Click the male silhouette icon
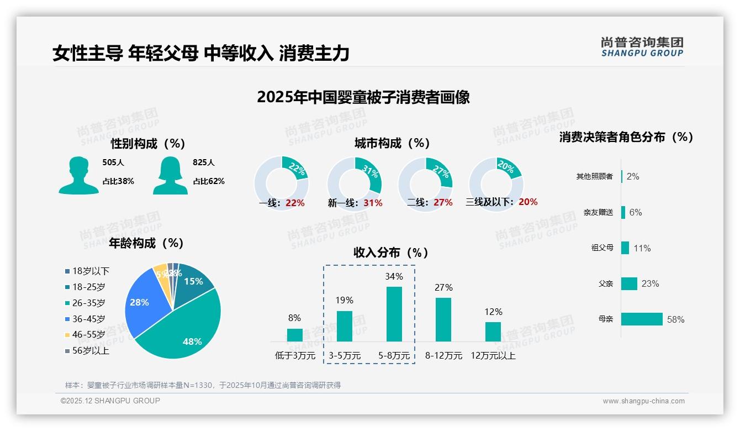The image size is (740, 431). pyautogui.click(x=78, y=175)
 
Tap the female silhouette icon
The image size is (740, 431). pyautogui.click(x=170, y=175)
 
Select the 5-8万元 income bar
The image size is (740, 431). pyautogui.click(x=394, y=314)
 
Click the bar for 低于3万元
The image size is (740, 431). pyautogui.click(x=295, y=335)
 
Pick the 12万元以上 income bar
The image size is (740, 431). pyautogui.click(x=493, y=332)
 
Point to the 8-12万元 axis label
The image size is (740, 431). pyautogui.click(x=443, y=356)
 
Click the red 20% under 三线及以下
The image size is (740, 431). pyautogui.click(x=528, y=202)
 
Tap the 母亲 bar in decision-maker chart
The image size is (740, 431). pyautogui.click(x=642, y=319)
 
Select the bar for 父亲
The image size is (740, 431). pyautogui.click(x=629, y=283)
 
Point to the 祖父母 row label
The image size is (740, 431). pyautogui.click(x=602, y=248)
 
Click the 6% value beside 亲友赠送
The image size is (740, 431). pyautogui.click(x=636, y=212)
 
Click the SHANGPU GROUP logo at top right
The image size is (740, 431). pyautogui.click(x=642, y=47)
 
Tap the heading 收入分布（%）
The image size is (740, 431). pyautogui.click(x=392, y=253)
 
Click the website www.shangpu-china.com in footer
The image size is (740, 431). pyautogui.click(x=643, y=401)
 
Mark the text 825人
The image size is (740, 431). pyautogui.click(x=204, y=162)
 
